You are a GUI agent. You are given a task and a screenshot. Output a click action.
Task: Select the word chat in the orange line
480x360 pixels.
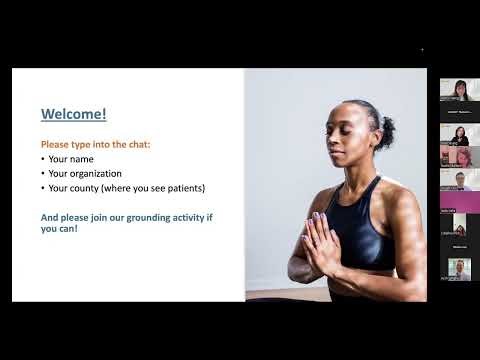pyautogui.click(x=128, y=144)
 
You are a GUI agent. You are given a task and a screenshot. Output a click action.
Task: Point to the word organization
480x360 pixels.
pyautogui.click(x=96, y=173)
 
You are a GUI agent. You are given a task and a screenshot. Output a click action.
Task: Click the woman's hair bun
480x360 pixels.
pyautogui.click(x=386, y=132)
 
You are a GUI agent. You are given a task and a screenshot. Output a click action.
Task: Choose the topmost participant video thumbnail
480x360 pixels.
pyautogui.click(x=459, y=90)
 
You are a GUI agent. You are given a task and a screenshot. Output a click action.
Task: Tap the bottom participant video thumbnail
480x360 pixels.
pyautogui.click(x=459, y=268)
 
